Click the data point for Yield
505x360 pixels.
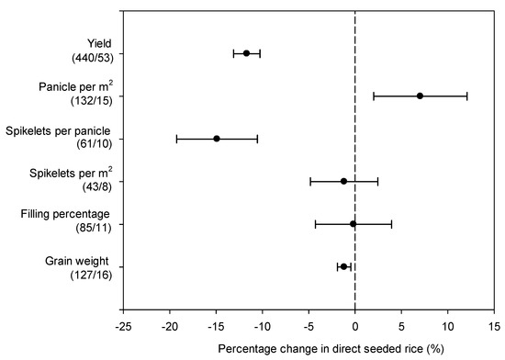(x=246, y=53)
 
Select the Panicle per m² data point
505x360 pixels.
(x=420, y=96)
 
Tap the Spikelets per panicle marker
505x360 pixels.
(x=217, y=139)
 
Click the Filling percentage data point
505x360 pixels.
(x=353, y=223)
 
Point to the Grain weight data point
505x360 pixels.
(x=343, y=266)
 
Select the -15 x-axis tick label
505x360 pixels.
(x=216, y=325)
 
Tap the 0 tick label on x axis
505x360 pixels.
(x=355, y=325)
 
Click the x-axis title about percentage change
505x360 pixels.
(x=308, y=349)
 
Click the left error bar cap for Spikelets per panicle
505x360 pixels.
(x=176, y=139)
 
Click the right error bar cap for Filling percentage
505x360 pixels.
(x=392, y=223)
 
